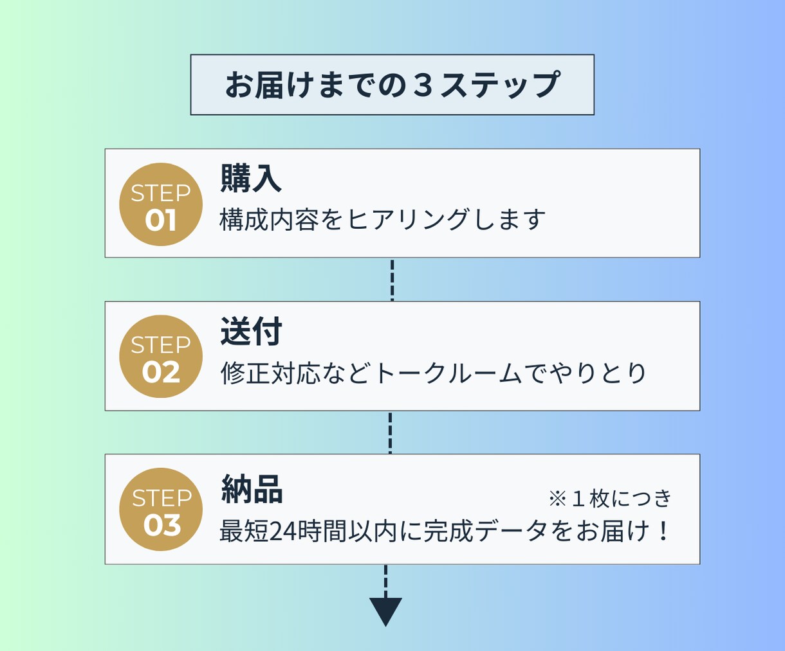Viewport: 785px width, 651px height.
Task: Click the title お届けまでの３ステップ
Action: [x=392, y=85]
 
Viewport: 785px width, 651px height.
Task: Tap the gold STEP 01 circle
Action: [x=161, y=204]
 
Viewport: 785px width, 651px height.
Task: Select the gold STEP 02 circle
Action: [x=161, y=356]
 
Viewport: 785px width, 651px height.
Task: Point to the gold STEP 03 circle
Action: [x=161, y=510]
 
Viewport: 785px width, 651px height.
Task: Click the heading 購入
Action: [x=251, y=178]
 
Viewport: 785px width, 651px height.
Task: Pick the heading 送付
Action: [x=251, y=331]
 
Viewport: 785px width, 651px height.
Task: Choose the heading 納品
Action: [x=252, y=488]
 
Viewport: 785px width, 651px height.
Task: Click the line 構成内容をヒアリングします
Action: [x=382, y=219]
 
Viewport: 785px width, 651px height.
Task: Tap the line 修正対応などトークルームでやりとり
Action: [x=433, y=373]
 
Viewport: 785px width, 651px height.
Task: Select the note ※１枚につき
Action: [x=610, y=499]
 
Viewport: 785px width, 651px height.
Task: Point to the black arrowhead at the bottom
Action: [x=385, y=611]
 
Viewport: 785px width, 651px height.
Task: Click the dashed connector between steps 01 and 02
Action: [x=392, y=280]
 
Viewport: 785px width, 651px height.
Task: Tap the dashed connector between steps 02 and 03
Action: [x=390, y=433]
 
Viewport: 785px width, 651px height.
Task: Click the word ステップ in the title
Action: [x=501, y=85]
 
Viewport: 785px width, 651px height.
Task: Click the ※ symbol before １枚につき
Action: [x=558, y=499]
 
